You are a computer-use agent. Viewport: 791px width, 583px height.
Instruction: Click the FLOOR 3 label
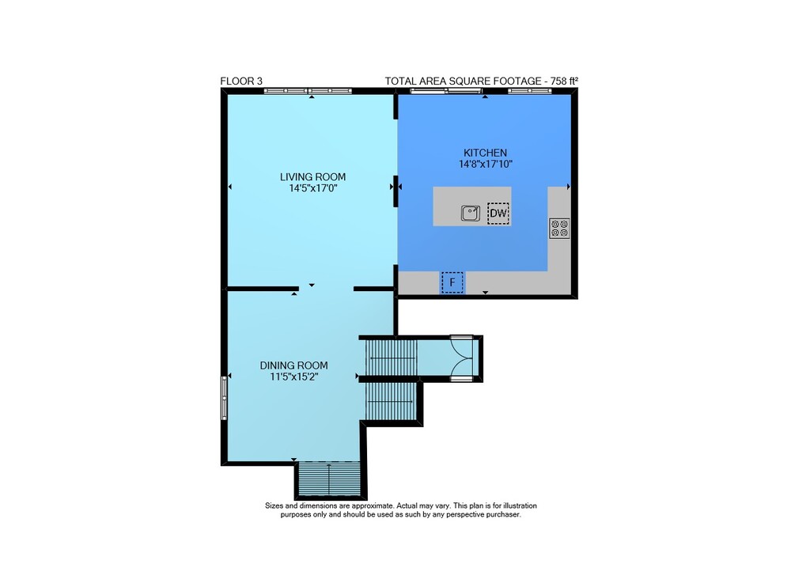(241, 81)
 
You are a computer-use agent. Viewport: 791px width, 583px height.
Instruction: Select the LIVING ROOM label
(312, 177)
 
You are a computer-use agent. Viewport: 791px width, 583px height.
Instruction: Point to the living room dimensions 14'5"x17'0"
(312, 188)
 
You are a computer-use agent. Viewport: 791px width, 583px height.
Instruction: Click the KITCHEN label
(486, 153)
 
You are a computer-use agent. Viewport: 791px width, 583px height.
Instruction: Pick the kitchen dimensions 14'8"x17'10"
(486, 164)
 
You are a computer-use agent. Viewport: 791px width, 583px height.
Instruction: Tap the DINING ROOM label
(293, 365)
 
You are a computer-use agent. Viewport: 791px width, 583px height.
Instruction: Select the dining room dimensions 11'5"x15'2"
(293, 377)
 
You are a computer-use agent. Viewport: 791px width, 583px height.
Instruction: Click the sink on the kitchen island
(471, 213)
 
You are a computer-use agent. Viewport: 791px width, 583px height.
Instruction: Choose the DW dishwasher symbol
(498, 214)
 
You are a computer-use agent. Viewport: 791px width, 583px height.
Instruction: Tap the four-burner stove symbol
(559, 229)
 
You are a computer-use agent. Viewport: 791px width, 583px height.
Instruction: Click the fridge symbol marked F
(452, 282)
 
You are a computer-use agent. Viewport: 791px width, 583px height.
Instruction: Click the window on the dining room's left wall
(225, 397)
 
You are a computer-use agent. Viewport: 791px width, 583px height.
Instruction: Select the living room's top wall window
(308, 91)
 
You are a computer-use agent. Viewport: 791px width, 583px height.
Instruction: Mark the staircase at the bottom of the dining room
(329, 479)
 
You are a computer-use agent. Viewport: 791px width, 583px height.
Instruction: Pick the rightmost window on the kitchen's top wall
(530, 91)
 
